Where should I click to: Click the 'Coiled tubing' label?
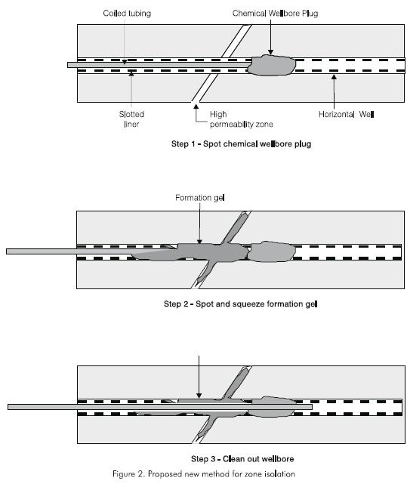point(127,14)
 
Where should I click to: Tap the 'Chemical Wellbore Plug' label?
point(275,14)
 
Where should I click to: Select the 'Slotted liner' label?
point(131,119)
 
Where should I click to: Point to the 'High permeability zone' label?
point(241,119)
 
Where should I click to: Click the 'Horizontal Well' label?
point(346,115)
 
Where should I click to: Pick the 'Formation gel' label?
point(200,198)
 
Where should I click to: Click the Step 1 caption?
point(241,144)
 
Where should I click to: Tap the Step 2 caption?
point(241,304)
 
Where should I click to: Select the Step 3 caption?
point(242,459)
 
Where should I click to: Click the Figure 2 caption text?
point(204,474)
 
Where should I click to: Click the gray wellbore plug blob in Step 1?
point(271,65)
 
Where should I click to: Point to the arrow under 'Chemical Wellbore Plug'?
point(270,37)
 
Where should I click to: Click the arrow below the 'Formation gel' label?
point(199,224)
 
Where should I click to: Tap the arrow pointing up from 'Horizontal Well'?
point(334,91)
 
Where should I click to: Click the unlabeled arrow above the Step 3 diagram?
point(199,377)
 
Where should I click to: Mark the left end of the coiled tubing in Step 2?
point(7,251)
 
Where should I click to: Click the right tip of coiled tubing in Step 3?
point(312,407)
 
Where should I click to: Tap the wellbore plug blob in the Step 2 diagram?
point(272,252)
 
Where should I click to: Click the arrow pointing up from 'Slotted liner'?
point(131,89)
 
